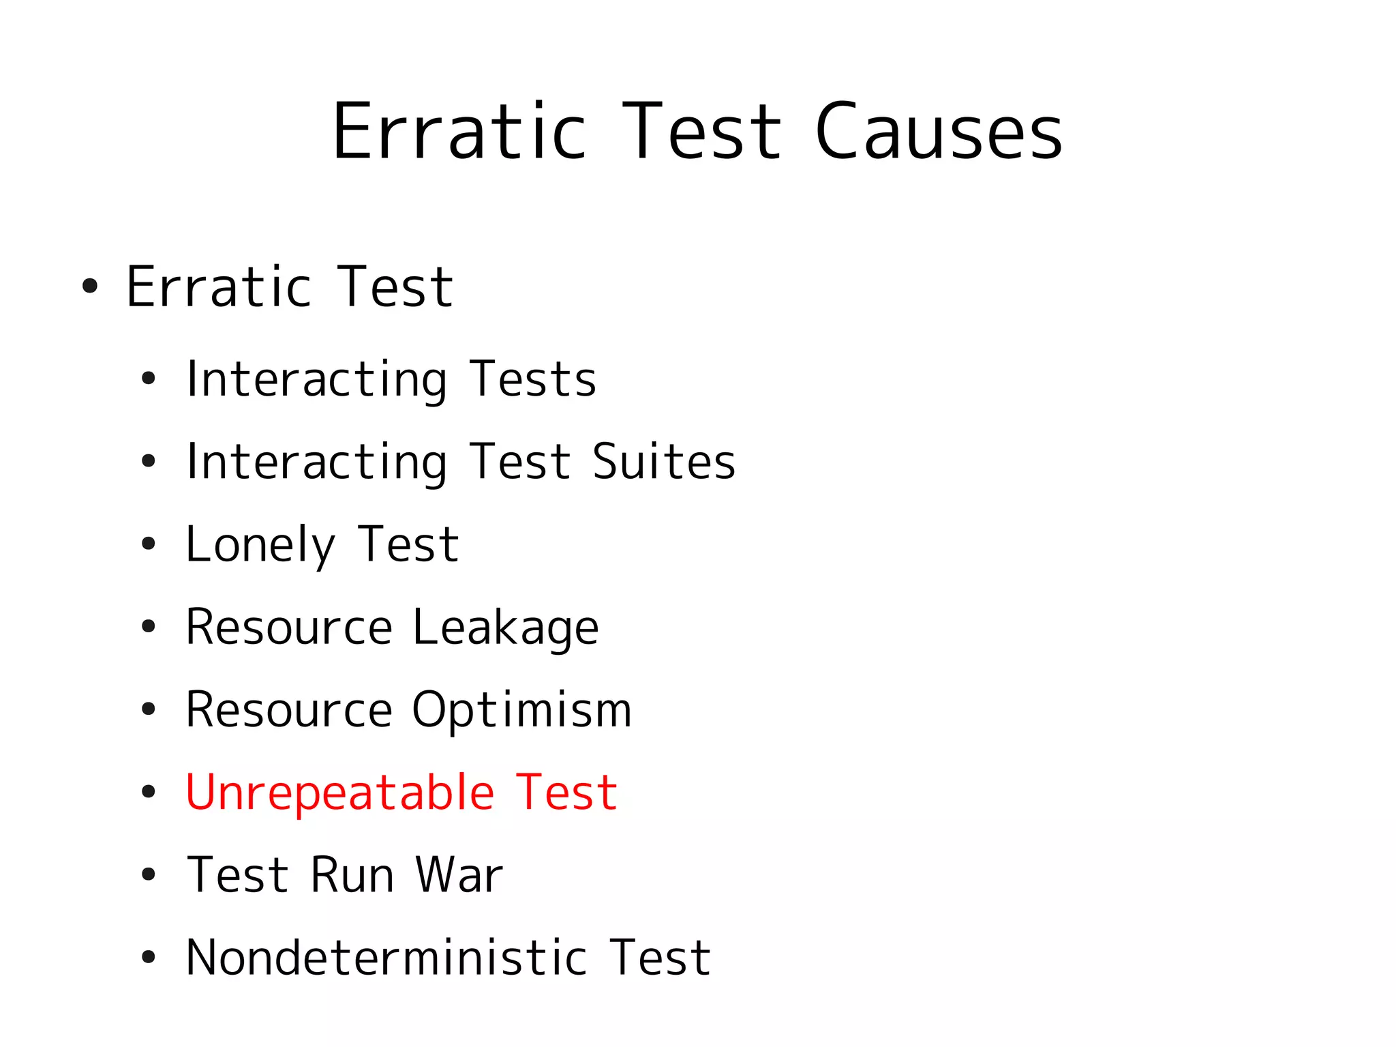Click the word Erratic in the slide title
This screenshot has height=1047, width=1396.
pyautogui.click(x=459, y=132)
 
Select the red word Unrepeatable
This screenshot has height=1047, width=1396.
pyautogui.click(x=339, y=793)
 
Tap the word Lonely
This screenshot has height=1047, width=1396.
pyautogui.click(x=260, y=546)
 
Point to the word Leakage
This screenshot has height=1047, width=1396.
pyautogui.click(x=505, y=628)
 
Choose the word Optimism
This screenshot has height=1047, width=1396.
pyautogui.click(x=521, y=711)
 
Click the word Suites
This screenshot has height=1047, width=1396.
pyautogui.click(x=664, y=462)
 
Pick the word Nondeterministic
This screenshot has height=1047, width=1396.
pyautogui.click(x=386, y=958)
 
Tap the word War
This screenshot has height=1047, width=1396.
pyautogui.click(x=459, y=875)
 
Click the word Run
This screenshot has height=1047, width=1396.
pyautogui.click(x=352, y=875)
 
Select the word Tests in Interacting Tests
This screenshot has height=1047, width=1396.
pyautogui.click(x=533, y=380)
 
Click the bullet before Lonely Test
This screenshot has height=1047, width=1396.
pyautogui.click(x=149, y=545)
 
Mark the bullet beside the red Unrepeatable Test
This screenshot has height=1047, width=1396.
pyautogui.click(x=149, y=793)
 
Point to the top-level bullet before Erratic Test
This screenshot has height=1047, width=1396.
pyautogui.click(x=90, y=286)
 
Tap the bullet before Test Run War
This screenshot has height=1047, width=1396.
pyautogui.click(x=149, y=875)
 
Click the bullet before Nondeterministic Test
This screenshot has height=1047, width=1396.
pyautogui.click(x=149, y=958)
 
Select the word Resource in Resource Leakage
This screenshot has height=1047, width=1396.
pyautogui.click(x=289, y=628)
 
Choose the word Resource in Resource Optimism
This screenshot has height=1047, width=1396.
pyautogui.click(x=289, y=711)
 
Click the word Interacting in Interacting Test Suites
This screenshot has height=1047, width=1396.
pyautogui.click(x=317, y=462)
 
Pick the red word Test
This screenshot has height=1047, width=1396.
pyautogui.click(x=566, y=793)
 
